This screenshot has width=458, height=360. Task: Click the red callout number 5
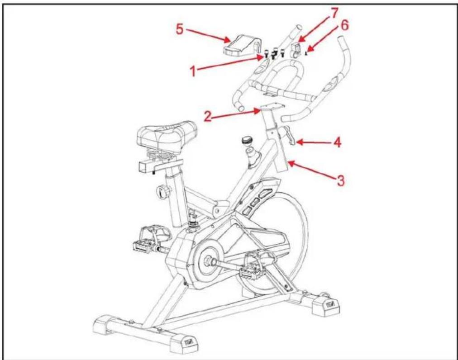click(x=180, y=29)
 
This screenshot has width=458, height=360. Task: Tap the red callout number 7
click(x=334, y=13)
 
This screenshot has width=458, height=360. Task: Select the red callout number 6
click(x=344, y=25)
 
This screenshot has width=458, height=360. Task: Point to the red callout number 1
click(x=193, y=71)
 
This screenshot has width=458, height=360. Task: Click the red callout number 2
click(x=208, y=117)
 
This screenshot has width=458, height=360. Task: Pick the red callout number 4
click(x=337, y=142)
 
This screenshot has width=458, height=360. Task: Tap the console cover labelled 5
click(x=243, y=45)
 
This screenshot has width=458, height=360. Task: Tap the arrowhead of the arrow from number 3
click(x=291, y=164)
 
